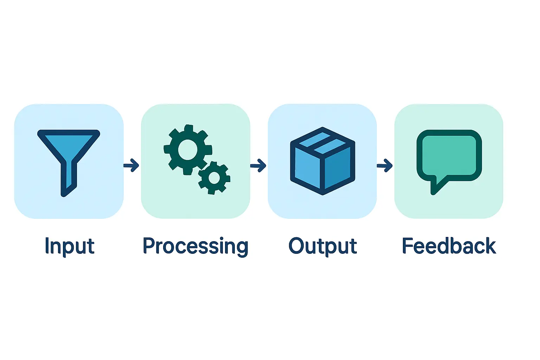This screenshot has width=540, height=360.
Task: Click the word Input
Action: [70, 246]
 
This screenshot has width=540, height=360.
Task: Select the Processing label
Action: [195, 246]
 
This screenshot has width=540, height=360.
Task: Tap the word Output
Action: [322, 246]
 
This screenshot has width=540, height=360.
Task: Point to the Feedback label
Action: [449, 246]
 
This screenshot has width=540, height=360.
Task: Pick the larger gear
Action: [188, 149]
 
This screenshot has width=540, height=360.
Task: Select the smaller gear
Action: [214, 178]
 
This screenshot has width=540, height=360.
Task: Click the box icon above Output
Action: [322, 161]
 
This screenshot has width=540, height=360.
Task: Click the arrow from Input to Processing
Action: [131, 165]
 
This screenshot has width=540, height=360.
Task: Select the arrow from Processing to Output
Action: [258, 165]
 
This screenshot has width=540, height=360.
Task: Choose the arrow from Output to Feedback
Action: [385, 165]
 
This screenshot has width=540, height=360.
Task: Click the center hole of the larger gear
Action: [188, 149]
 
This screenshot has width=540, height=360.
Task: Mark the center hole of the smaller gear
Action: [214, 178]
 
